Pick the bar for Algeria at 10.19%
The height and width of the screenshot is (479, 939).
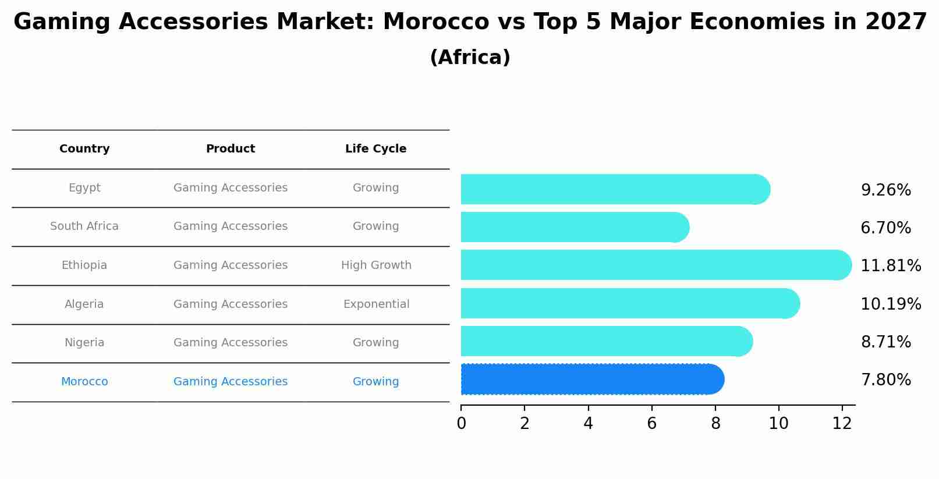coord(629,304)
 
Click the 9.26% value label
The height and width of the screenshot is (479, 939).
coord(885,190)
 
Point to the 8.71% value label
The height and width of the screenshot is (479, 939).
coord(885,342)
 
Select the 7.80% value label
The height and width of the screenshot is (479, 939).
coord(885,380)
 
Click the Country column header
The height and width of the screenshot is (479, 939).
coord(84,149)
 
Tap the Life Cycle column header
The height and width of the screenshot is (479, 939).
coord(375,149)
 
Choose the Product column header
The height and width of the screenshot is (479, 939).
coord(231,149)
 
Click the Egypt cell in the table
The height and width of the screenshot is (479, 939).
coord(84,188)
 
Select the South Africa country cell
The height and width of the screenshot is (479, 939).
coord(84,226)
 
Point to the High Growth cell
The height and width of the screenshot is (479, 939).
coord(376,265)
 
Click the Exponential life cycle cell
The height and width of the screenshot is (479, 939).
coord(376,304)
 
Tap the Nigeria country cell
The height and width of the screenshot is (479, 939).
coord(84,343)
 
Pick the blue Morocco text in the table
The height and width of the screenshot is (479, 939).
coord(84,382)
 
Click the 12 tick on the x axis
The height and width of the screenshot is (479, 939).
coord(842,424)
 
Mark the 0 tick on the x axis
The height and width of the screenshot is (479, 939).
coord(461,424)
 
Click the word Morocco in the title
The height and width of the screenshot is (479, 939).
coord(435,22)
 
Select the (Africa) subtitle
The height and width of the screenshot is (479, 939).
coord(470,58)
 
